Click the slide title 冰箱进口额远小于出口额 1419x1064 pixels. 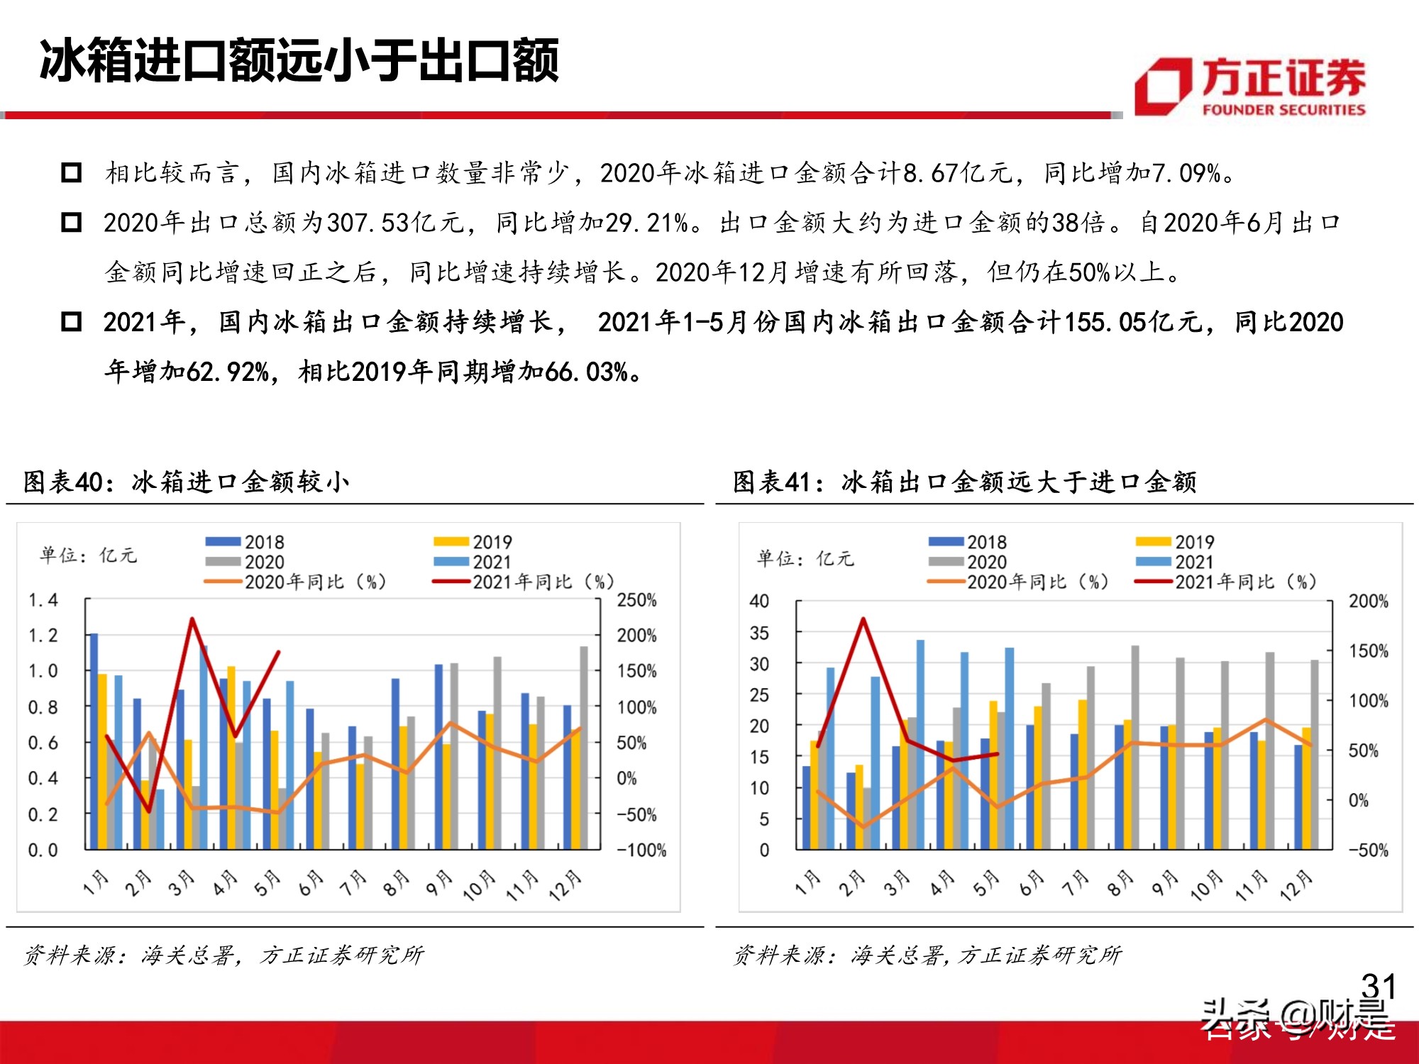(x=299, y=61)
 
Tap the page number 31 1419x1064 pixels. (x=1379, y=986)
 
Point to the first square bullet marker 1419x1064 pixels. (x=72, y=173)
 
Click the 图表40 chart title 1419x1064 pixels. (x=186, y=482)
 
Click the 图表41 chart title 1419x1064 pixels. (x=964, y=482)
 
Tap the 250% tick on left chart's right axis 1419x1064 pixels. (x=636, y=600)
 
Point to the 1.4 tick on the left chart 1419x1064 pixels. (x=43, y=600)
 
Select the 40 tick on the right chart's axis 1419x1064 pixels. (x=758, y=602)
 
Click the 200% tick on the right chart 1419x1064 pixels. (x=1368, y=602)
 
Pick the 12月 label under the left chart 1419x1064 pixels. (x=565, y=885)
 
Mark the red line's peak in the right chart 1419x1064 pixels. (x=863, y=619)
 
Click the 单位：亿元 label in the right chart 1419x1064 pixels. (x=805, y=558)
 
